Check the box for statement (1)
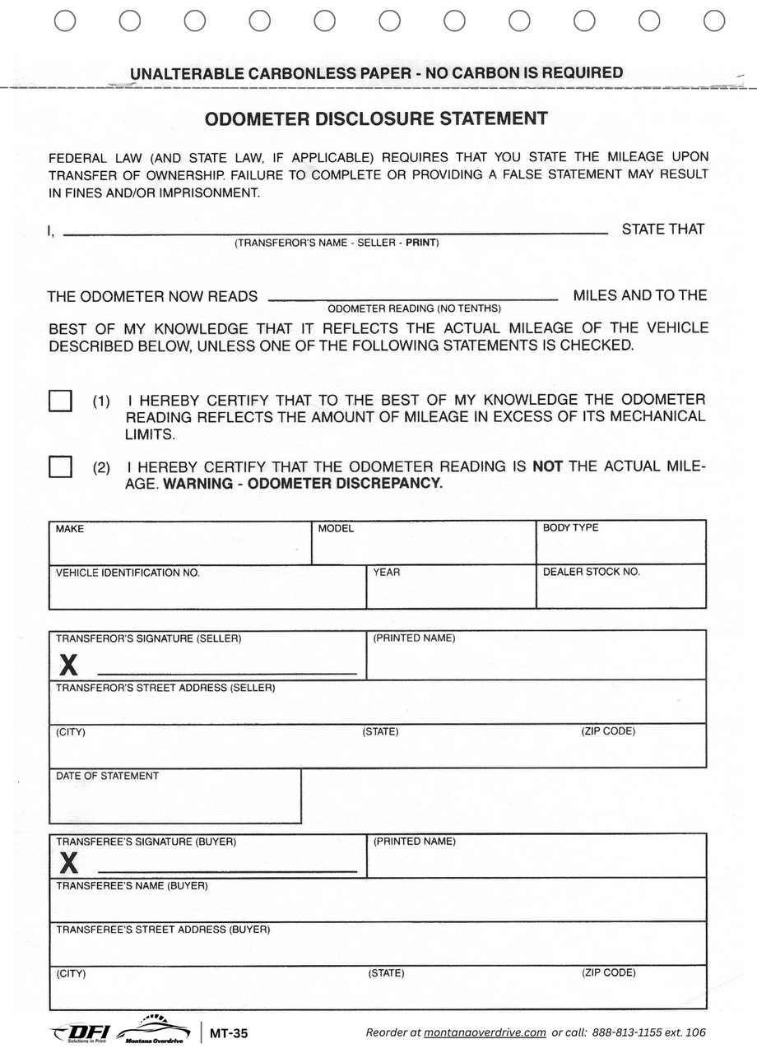(x=60, y=401)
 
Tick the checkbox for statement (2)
(x=60, y=466)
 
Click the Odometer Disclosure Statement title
(x=376, y=118)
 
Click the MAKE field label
(x=70, y=529)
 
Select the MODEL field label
(x=336, y=529)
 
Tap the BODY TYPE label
(x=570, y=528)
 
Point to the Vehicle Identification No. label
(x=128, y=573)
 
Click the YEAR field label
(x=387, y=573)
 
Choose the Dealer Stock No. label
(x=591, y=572)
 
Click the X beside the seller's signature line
(x=69, y=665)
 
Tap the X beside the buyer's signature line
(x=69, y=863)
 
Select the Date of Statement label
(x=107, y=776)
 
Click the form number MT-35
(x=229, y=1034)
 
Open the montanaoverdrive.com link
(x=485, y=1032)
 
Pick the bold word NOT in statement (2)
(x=547, y=466)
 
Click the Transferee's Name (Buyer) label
(x=132, y=886)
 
